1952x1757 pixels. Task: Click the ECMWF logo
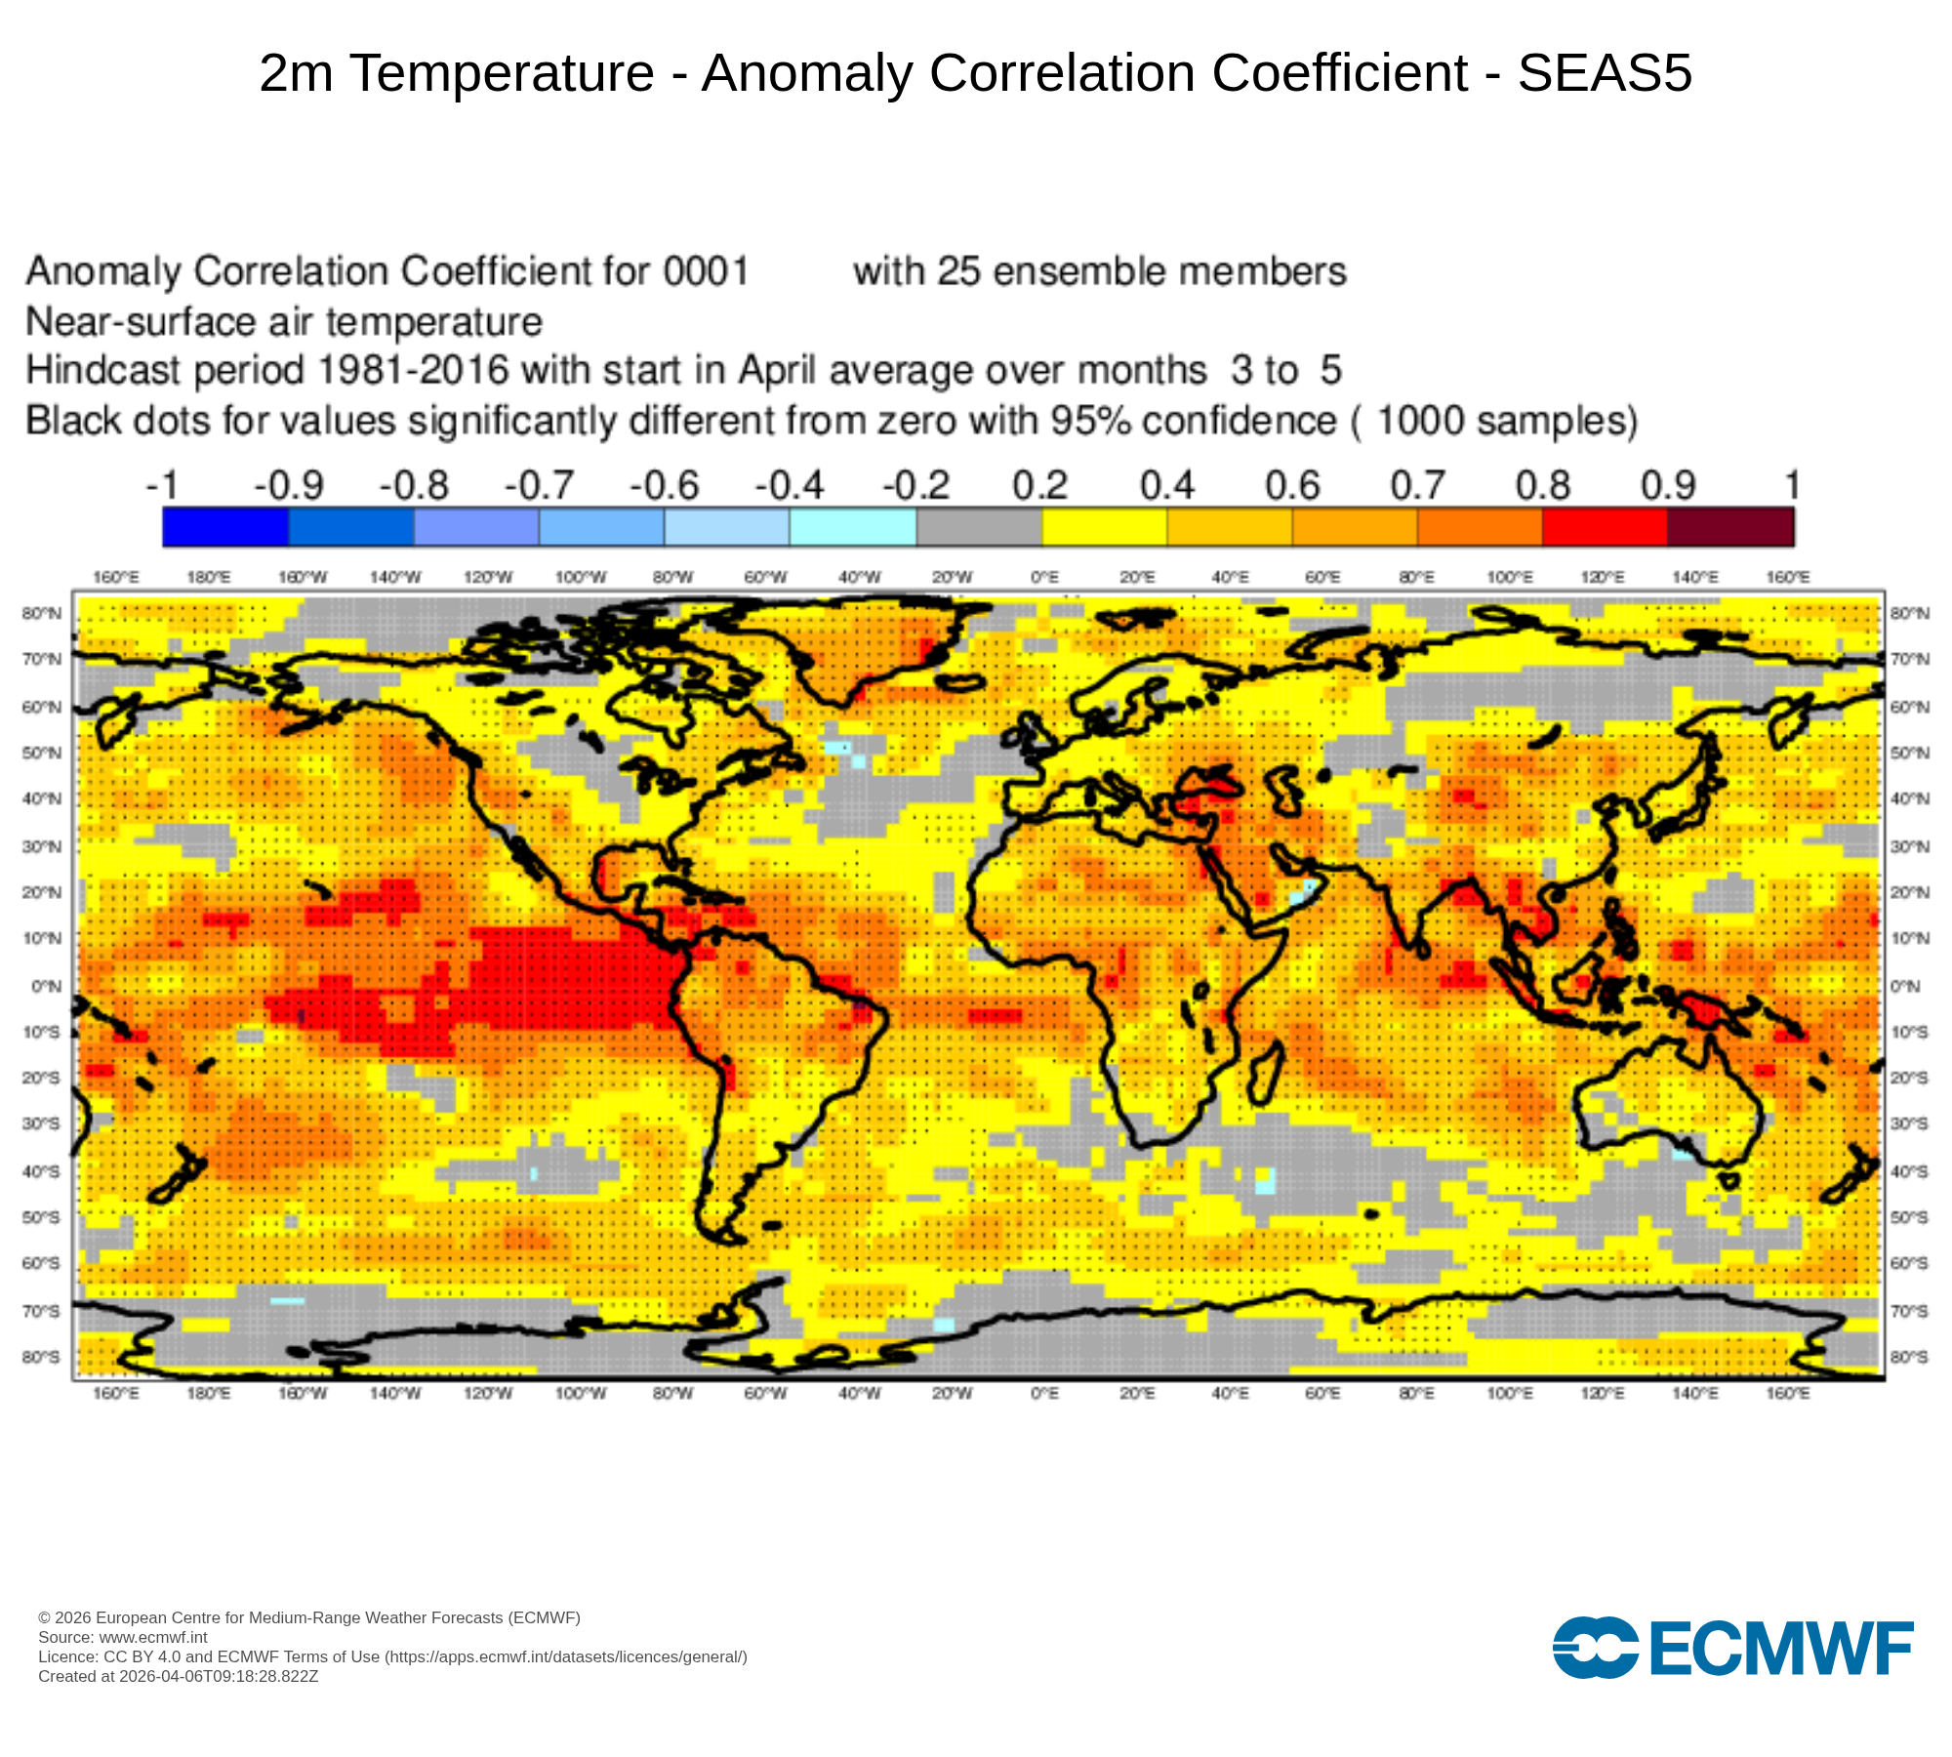1732,1648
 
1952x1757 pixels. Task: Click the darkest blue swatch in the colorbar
225,527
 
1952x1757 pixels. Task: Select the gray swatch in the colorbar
979,527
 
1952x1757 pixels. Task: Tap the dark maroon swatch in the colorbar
1730,527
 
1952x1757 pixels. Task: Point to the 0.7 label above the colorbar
1417,485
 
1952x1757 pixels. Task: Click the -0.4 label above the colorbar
790,485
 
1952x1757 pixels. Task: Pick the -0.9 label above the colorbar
289,485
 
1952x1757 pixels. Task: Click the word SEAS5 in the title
1605,73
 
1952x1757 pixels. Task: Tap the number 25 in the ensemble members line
959,271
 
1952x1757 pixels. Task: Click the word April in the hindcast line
777,371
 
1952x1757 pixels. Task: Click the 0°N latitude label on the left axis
46,986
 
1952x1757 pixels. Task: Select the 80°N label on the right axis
1909,613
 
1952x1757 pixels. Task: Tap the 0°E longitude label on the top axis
1044,578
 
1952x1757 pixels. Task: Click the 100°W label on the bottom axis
581,1394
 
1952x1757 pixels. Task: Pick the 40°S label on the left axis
42,1171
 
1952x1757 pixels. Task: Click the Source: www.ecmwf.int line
123,1637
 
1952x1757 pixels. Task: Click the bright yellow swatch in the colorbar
1105,527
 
